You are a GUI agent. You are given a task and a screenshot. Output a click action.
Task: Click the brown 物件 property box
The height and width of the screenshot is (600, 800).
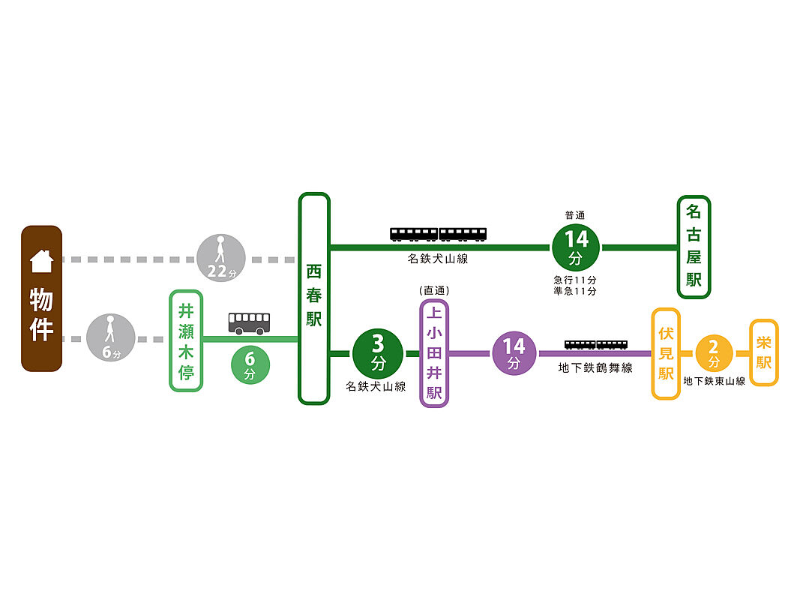(41, 298)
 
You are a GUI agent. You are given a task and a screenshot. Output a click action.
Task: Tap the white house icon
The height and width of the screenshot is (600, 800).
(41, 260)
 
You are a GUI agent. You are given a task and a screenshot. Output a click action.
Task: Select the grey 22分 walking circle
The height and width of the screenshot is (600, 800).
(220, 259)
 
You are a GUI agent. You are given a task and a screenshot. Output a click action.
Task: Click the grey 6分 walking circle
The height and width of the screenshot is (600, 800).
(111, 338)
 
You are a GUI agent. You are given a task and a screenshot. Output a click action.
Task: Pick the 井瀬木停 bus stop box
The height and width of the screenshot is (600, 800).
(186, 340)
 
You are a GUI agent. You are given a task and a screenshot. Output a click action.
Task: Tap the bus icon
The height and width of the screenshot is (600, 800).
(250, 323)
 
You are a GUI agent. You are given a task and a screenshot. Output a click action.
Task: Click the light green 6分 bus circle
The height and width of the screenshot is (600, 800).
(250, 363)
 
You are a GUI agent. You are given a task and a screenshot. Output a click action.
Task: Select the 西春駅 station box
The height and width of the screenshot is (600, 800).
(314, 298)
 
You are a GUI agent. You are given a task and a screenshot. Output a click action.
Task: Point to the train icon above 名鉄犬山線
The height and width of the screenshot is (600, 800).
(438, 234)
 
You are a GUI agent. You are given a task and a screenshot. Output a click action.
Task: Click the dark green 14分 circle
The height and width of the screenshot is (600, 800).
(576, 247)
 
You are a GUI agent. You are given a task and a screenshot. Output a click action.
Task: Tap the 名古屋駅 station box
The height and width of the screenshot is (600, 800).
(694, 247)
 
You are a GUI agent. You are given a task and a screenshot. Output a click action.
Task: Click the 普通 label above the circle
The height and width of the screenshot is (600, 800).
(575, 215)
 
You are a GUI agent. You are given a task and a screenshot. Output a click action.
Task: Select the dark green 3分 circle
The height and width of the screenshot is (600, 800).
(378, 353)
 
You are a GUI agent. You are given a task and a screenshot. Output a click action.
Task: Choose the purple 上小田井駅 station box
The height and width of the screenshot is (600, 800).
(434, 353)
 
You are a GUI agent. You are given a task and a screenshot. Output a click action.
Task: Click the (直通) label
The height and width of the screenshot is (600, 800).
(434, 290)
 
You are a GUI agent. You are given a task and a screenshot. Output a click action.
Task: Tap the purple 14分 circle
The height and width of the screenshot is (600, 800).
(514, 352)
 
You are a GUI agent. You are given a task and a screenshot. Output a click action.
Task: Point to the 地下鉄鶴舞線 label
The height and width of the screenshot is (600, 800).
(595, 368)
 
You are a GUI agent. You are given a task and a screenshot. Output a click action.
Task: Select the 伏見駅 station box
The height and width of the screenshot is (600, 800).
(666, 353)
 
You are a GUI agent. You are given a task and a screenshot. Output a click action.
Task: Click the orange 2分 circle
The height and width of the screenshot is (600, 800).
(714, 352)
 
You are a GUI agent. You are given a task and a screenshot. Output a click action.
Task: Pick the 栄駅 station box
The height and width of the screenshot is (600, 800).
(764, 352)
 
